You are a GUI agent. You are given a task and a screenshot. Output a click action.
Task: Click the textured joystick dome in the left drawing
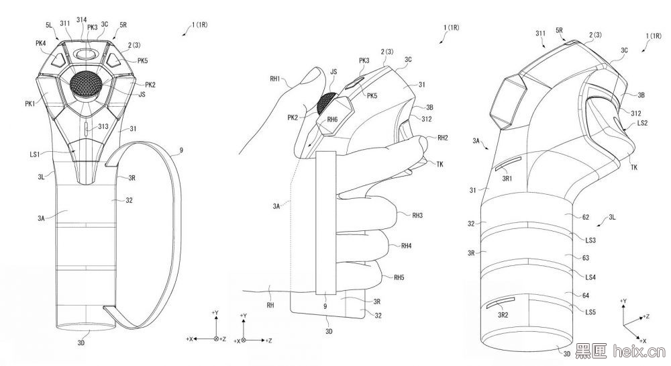click(86, 84)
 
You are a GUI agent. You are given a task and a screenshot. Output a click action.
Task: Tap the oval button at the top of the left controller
click(85, 54)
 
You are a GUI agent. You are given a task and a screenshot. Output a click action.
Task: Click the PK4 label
click(41, 43)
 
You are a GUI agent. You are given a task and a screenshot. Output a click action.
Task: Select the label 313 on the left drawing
click(103, 127)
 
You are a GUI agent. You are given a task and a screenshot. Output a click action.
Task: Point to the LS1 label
click(35, 154)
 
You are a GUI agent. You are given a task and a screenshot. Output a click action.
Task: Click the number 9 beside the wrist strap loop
click(181, 150)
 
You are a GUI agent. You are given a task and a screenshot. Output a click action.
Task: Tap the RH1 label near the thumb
click(274, 79)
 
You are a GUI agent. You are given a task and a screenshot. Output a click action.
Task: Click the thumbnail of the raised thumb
click(313, 76)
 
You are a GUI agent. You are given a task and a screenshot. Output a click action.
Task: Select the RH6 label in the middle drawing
click(332, 120)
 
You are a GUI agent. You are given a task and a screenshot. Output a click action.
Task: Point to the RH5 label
click(399, 277)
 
